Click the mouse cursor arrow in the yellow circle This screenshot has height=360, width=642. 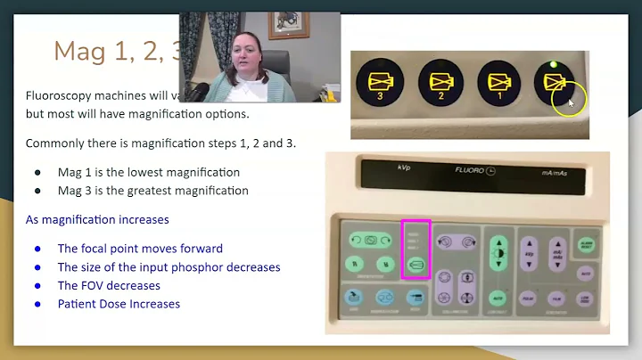569,102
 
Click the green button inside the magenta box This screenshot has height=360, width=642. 416,265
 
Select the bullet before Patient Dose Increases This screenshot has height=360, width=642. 37,304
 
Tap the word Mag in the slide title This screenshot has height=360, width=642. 77,51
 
